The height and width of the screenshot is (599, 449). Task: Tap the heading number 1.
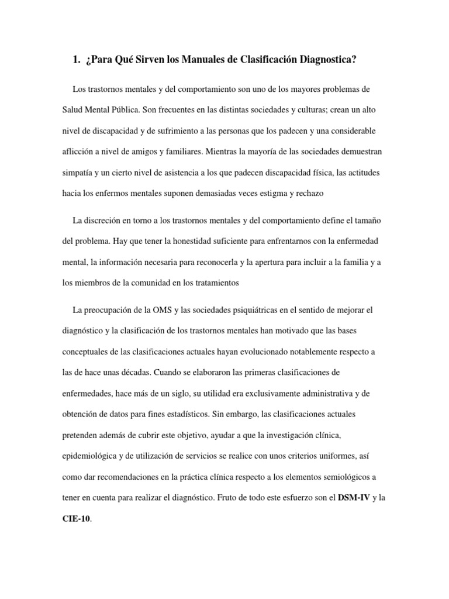pos(75,59)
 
